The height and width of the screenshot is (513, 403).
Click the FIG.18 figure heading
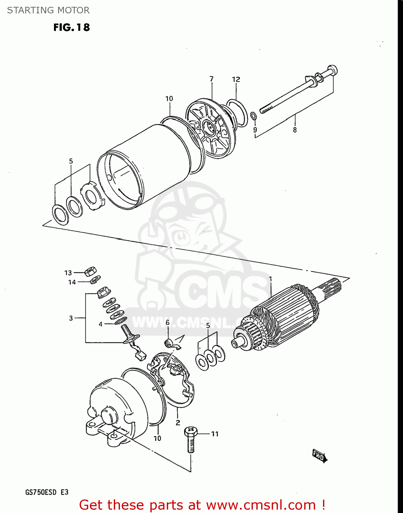point(71,27)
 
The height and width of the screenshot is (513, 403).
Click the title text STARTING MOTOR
point(48,10)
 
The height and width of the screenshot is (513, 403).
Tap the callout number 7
point(212,79)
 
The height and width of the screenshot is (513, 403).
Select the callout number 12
point(236,79)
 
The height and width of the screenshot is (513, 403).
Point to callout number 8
point(295,130)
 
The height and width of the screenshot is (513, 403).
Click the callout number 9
point(255,130)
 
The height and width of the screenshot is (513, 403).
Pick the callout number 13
point(68,273)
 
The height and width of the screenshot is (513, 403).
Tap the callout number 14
point(72,282)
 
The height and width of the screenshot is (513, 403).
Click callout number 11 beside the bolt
point(215,434)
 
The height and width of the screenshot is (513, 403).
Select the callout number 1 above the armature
point(270,279)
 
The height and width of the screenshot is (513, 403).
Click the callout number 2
point(178,423)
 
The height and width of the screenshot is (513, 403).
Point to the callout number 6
point(167,323)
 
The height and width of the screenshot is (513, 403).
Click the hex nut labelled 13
point(90,272)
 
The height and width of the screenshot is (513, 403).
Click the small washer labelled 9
point(254,116)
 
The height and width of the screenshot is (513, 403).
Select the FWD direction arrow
point(320,456)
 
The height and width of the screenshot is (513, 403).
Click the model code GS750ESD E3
point(47,492)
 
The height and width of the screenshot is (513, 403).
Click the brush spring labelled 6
point(169,342)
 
